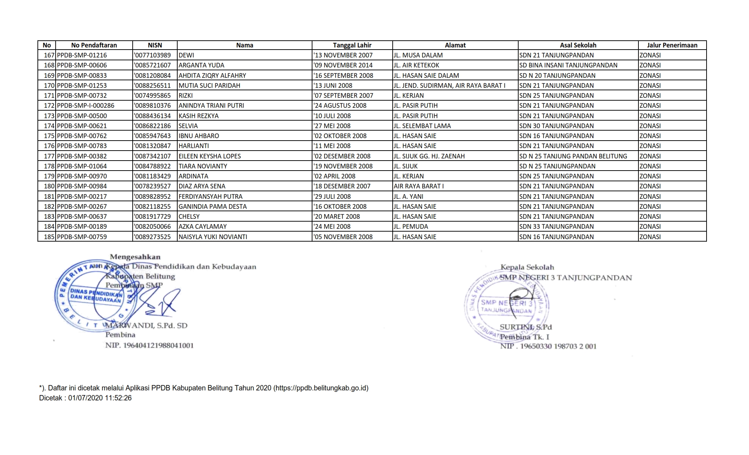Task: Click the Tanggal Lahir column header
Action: coord(352,45)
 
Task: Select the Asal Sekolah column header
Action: coord(578,45)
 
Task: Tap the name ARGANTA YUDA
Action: coord(201,65)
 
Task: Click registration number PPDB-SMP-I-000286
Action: coord(85,106)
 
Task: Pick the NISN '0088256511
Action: coord(152,86)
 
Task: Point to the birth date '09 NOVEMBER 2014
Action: coord(343,65)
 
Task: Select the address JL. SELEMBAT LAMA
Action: coord(422,126)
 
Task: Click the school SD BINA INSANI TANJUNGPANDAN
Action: coord(568,65)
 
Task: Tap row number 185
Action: coord(49,237)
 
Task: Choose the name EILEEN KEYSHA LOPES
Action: coord(209,156)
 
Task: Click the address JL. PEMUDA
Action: coord(411,227)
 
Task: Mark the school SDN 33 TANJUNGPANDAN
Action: coord(556,227)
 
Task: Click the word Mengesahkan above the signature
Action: coord(135,257)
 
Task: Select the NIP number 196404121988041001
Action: coord(158,345)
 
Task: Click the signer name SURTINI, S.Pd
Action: coord(525,327)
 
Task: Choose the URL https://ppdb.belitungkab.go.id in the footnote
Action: coord(321,388)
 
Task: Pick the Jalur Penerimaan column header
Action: coord(672,45)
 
